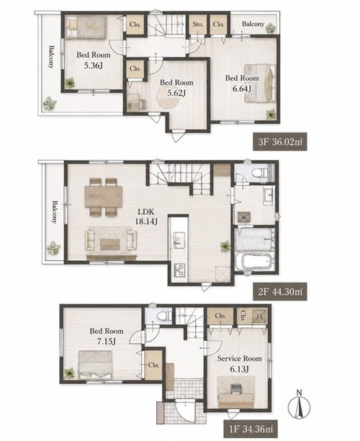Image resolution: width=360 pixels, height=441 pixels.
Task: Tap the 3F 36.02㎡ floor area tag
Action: (x=280, y=141)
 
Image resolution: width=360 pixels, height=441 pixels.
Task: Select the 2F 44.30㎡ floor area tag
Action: (x=280, y=292)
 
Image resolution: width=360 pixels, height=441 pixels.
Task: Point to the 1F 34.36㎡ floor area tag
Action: (x=251, y=429)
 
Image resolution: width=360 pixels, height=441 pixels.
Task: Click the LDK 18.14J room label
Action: (x=146, y=216)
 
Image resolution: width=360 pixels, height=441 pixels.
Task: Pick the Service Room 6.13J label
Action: (x=239, y=363)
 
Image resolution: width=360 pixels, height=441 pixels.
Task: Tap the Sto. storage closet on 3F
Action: (x=198, y=24)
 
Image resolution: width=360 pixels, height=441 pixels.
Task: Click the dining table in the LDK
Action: (x=104, y=196)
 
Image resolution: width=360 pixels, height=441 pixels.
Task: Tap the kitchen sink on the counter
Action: (x=179, y=240)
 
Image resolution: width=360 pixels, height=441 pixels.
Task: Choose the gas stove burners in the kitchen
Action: (x=179, y=270)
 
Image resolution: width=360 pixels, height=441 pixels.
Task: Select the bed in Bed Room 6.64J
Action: (x=260, y=83)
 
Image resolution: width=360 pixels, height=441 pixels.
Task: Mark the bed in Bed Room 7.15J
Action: (x=95, y=365)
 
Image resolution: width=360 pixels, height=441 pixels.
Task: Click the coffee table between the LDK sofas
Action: (x=110, y=244)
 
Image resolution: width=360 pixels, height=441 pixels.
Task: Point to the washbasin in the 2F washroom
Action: (x=269, y=195)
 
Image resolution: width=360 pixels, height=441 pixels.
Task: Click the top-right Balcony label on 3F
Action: (x=253, y=24)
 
